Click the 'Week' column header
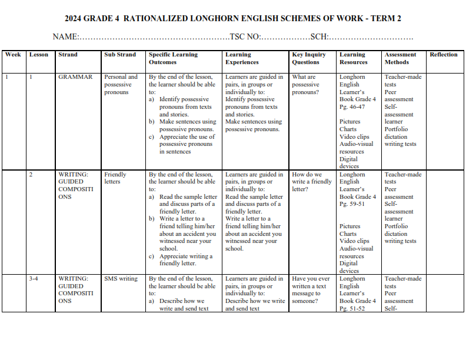point(13,55)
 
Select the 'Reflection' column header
point(443,55)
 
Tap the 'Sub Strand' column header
point(120,55)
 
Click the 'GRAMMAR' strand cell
point(75,77)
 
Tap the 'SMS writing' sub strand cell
point(121,279)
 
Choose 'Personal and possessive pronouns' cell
point(121,84)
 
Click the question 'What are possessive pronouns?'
point(306,84)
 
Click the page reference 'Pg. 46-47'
point(352,106)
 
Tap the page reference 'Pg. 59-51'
point(352,204)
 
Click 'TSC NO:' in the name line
point(245,36)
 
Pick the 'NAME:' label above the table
point(65,36)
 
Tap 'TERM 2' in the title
point(386,18)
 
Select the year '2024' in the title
point(75,18)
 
